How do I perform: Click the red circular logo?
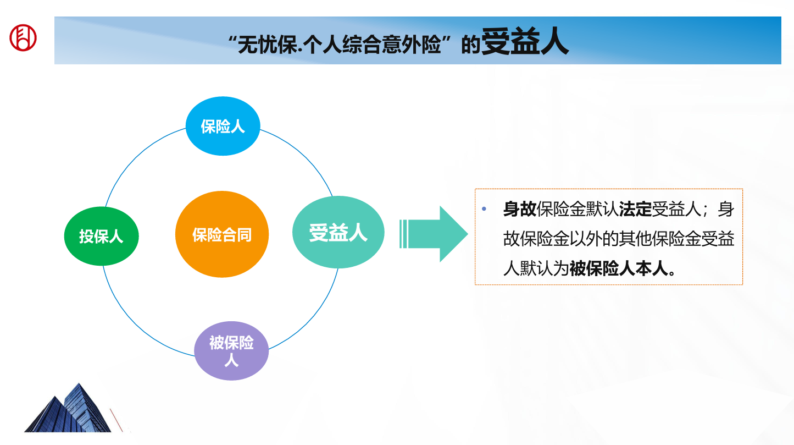click(x=23, y=37)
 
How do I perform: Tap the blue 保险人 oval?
click(x=223, y=126)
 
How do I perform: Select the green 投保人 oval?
click(x=101, y=236)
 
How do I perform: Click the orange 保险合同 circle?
click(x=222, y=234)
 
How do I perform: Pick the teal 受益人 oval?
click(x=338, y=232)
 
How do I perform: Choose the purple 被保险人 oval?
click(x=231, y=351)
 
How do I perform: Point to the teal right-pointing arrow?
click(x=434, y=234)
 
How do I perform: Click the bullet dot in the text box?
click(x=484, y=209)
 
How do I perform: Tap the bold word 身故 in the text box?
click(x=520, y=209)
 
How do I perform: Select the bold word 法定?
click(x=635, y=209)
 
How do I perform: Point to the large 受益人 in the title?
click(x=525, y=41)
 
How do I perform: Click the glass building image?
click(x=68, y=408)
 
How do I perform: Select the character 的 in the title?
click(x=471, y=46)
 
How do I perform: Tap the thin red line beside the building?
click(x=116, y=420)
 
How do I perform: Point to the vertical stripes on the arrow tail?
click(x=404, y=234)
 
